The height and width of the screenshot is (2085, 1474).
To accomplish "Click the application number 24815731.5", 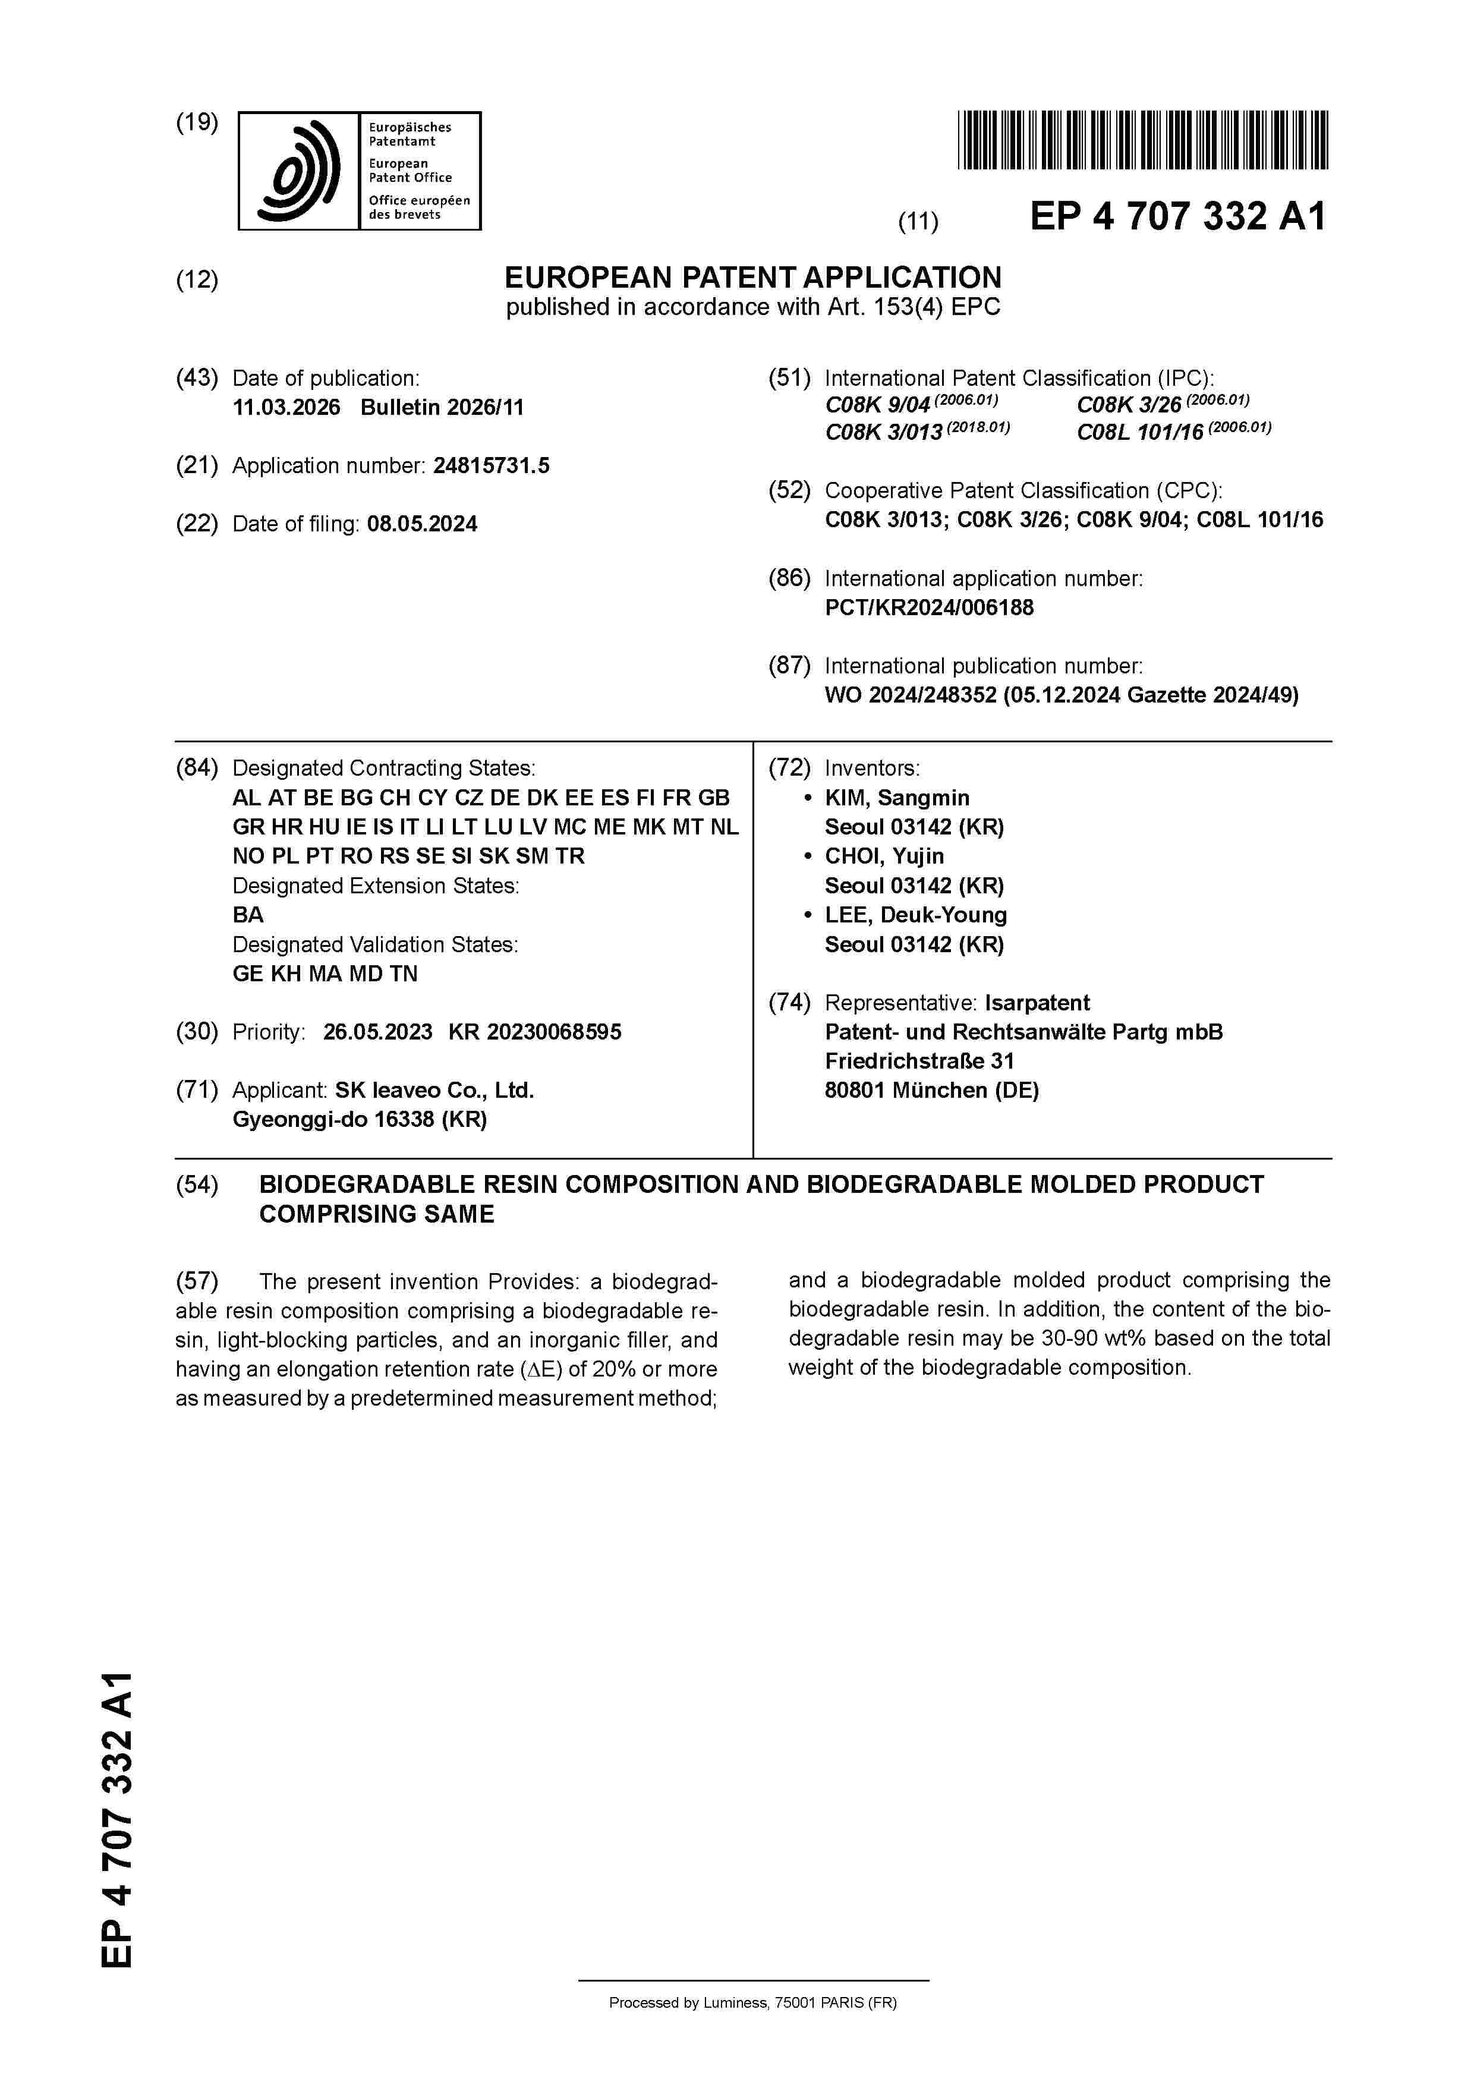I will point(492,466).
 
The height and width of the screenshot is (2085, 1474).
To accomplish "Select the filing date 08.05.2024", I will point(423,524).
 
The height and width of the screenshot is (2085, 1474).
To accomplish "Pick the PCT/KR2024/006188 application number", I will point(929,607).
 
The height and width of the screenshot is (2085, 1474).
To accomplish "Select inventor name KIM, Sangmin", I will point(896,798).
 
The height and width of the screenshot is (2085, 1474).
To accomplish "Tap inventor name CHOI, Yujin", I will point(884,856).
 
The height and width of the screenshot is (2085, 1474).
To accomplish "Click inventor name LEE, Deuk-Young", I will point(915,915).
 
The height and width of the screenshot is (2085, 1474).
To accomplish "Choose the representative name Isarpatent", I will point(1037,1003).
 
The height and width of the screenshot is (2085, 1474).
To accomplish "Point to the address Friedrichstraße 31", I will point(919,1062).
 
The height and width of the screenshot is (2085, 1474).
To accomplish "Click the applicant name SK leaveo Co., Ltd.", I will point(434,1091).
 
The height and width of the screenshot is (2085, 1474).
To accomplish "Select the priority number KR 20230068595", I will point(535,1032).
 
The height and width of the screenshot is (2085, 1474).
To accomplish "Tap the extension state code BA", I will point(248,915).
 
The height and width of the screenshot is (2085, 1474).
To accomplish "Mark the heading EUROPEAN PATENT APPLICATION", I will point(753,277).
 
